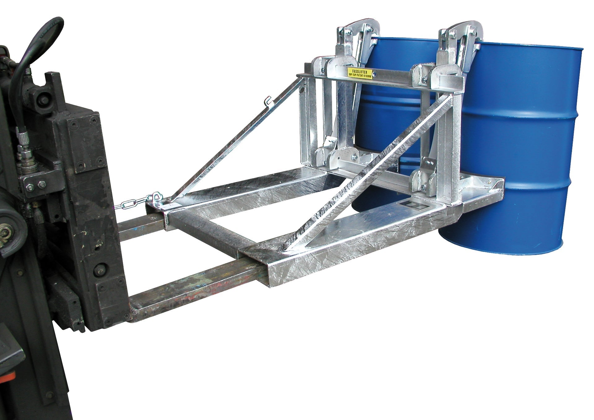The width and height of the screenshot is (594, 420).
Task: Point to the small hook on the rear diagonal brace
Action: click(268, 101)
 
